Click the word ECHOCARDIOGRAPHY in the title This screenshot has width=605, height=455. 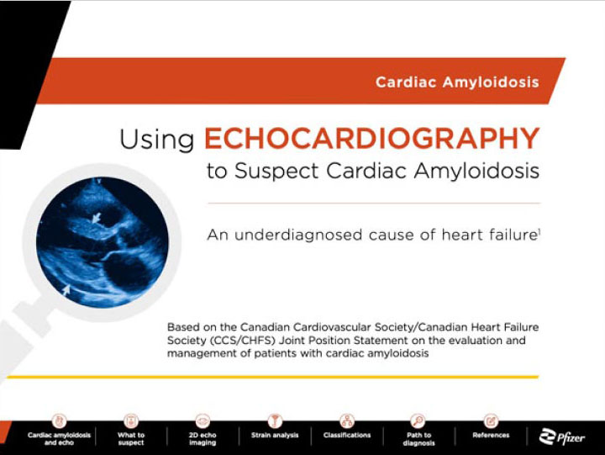point(371,138)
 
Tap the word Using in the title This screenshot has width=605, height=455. point(156,139)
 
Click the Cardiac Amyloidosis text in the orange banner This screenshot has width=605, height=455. point(457,82)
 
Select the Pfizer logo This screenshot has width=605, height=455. point(562,436)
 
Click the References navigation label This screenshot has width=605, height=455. point(491,435)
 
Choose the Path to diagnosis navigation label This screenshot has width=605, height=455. point(418,439)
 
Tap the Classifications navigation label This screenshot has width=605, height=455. point(347,435)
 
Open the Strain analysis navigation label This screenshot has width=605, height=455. point(275,435)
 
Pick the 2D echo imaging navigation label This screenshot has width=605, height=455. point(203,439)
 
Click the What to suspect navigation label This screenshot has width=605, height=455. point(131,439)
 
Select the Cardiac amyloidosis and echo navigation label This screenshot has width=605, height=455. point(59,439)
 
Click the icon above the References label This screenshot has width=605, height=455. point(491,421)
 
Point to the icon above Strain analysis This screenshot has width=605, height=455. point(275,421)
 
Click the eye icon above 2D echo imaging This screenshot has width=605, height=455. point(203,421)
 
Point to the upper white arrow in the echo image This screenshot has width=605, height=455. point(96,218)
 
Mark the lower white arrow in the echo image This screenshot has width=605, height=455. point(66,289)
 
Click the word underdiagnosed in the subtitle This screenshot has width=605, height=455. point(298,235)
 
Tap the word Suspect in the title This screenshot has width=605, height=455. point(276,171)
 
